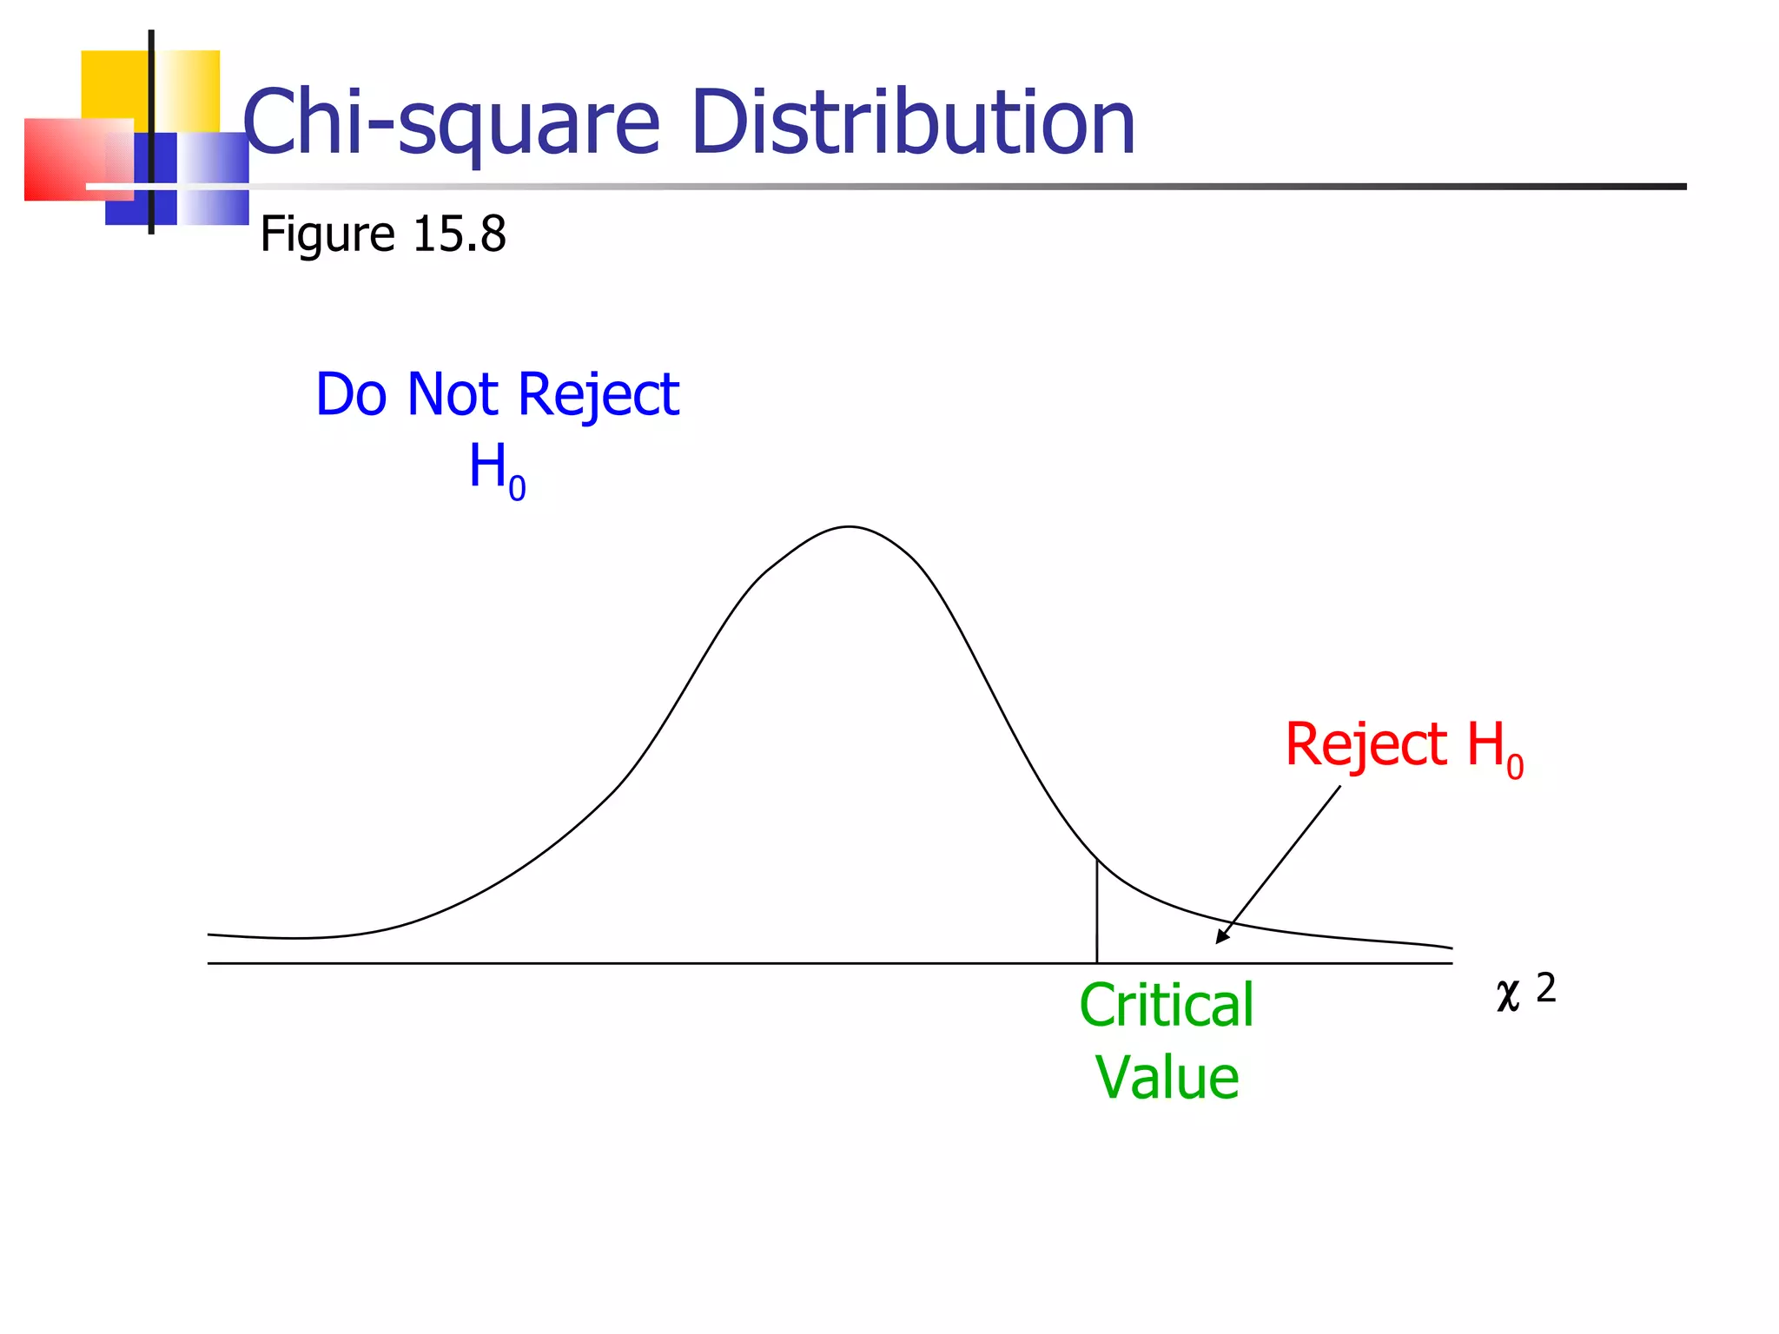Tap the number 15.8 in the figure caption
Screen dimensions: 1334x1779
click(459, 234)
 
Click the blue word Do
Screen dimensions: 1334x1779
click(351, 394)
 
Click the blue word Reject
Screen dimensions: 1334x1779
click(599, 396)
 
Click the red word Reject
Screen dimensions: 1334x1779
click(1366, 745)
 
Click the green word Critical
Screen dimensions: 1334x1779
click(1167, 1005)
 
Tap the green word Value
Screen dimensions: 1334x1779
click(1167, 1078)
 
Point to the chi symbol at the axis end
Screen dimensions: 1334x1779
click(1509, 995)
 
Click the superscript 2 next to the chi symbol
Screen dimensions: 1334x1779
click(1546, 987)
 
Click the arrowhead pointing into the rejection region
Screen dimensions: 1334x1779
click(1222, 936)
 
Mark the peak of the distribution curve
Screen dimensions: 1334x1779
click(850, 527)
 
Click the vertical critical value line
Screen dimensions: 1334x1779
click(1097, 912)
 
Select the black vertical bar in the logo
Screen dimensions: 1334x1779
click(151, 130)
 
